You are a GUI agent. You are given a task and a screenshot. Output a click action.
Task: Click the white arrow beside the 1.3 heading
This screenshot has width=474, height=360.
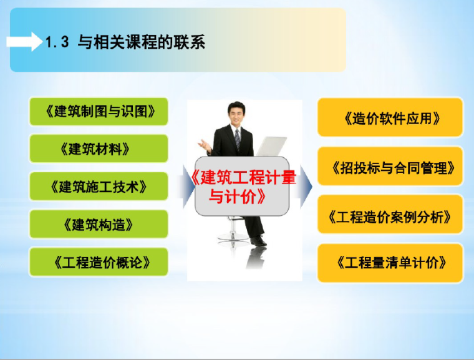click(x=23, y=43)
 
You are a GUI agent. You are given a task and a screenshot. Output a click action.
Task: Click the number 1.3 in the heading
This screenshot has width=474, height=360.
click(x=57, y=43)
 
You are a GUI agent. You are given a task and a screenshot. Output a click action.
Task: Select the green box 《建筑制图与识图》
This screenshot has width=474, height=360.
click(x=99, y=112)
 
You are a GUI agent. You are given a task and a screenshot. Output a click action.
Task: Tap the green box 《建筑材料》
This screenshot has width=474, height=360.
click(x=99, y=149)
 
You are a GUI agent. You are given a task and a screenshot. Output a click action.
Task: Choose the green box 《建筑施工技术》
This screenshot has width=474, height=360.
click(x=99, y=186)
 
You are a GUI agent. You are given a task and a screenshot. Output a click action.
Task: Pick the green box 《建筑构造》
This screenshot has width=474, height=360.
click(x=99, y=223)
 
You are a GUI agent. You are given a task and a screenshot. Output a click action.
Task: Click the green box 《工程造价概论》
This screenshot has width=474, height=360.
click(x=99, y=261)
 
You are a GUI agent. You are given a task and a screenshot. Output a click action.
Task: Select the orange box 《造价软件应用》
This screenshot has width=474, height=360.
click(x=390, y=117)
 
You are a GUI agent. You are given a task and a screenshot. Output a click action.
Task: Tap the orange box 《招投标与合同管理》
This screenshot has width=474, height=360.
click(x=390, y=167)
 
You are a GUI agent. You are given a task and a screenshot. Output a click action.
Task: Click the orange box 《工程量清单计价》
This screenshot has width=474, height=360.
click(x=390, y=263)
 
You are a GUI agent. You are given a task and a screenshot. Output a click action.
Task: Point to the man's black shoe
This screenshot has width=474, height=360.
click(x=258, y=240)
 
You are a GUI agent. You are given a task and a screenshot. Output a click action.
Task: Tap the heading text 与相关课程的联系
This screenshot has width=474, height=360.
click(x=141, y=42)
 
